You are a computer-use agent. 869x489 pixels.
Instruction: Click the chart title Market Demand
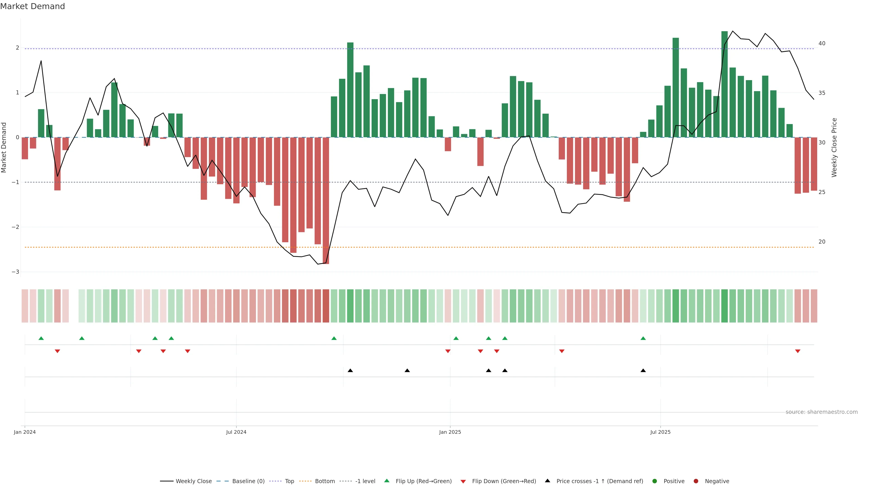(32, 6)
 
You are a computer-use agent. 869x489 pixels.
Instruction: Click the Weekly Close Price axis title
(834, 147)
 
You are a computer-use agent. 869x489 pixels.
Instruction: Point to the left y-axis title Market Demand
(4, 147)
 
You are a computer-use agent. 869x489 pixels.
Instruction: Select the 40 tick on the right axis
(822, 43)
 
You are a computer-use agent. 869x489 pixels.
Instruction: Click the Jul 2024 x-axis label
(236, 432)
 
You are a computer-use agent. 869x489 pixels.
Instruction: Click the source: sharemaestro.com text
(821, 412)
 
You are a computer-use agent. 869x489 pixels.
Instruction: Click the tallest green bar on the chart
(724, 84)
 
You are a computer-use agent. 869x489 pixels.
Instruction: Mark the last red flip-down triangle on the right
(797, 351)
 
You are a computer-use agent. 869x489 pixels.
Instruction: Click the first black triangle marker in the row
(350, 371)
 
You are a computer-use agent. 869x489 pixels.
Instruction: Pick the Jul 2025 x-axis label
(660, 432)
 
